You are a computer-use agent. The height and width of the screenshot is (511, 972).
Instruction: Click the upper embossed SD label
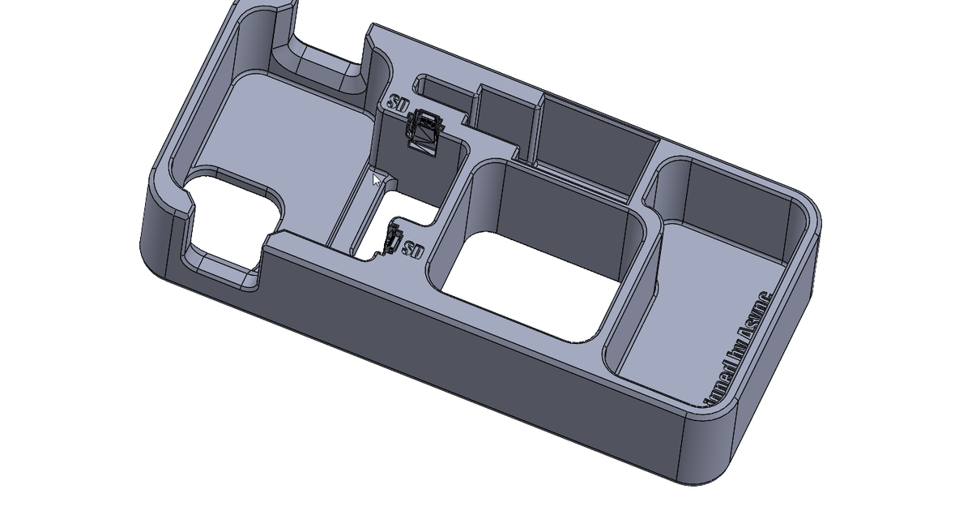397,104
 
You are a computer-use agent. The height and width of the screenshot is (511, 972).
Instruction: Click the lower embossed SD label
413,249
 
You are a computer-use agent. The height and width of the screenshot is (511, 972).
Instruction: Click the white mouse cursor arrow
377,179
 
